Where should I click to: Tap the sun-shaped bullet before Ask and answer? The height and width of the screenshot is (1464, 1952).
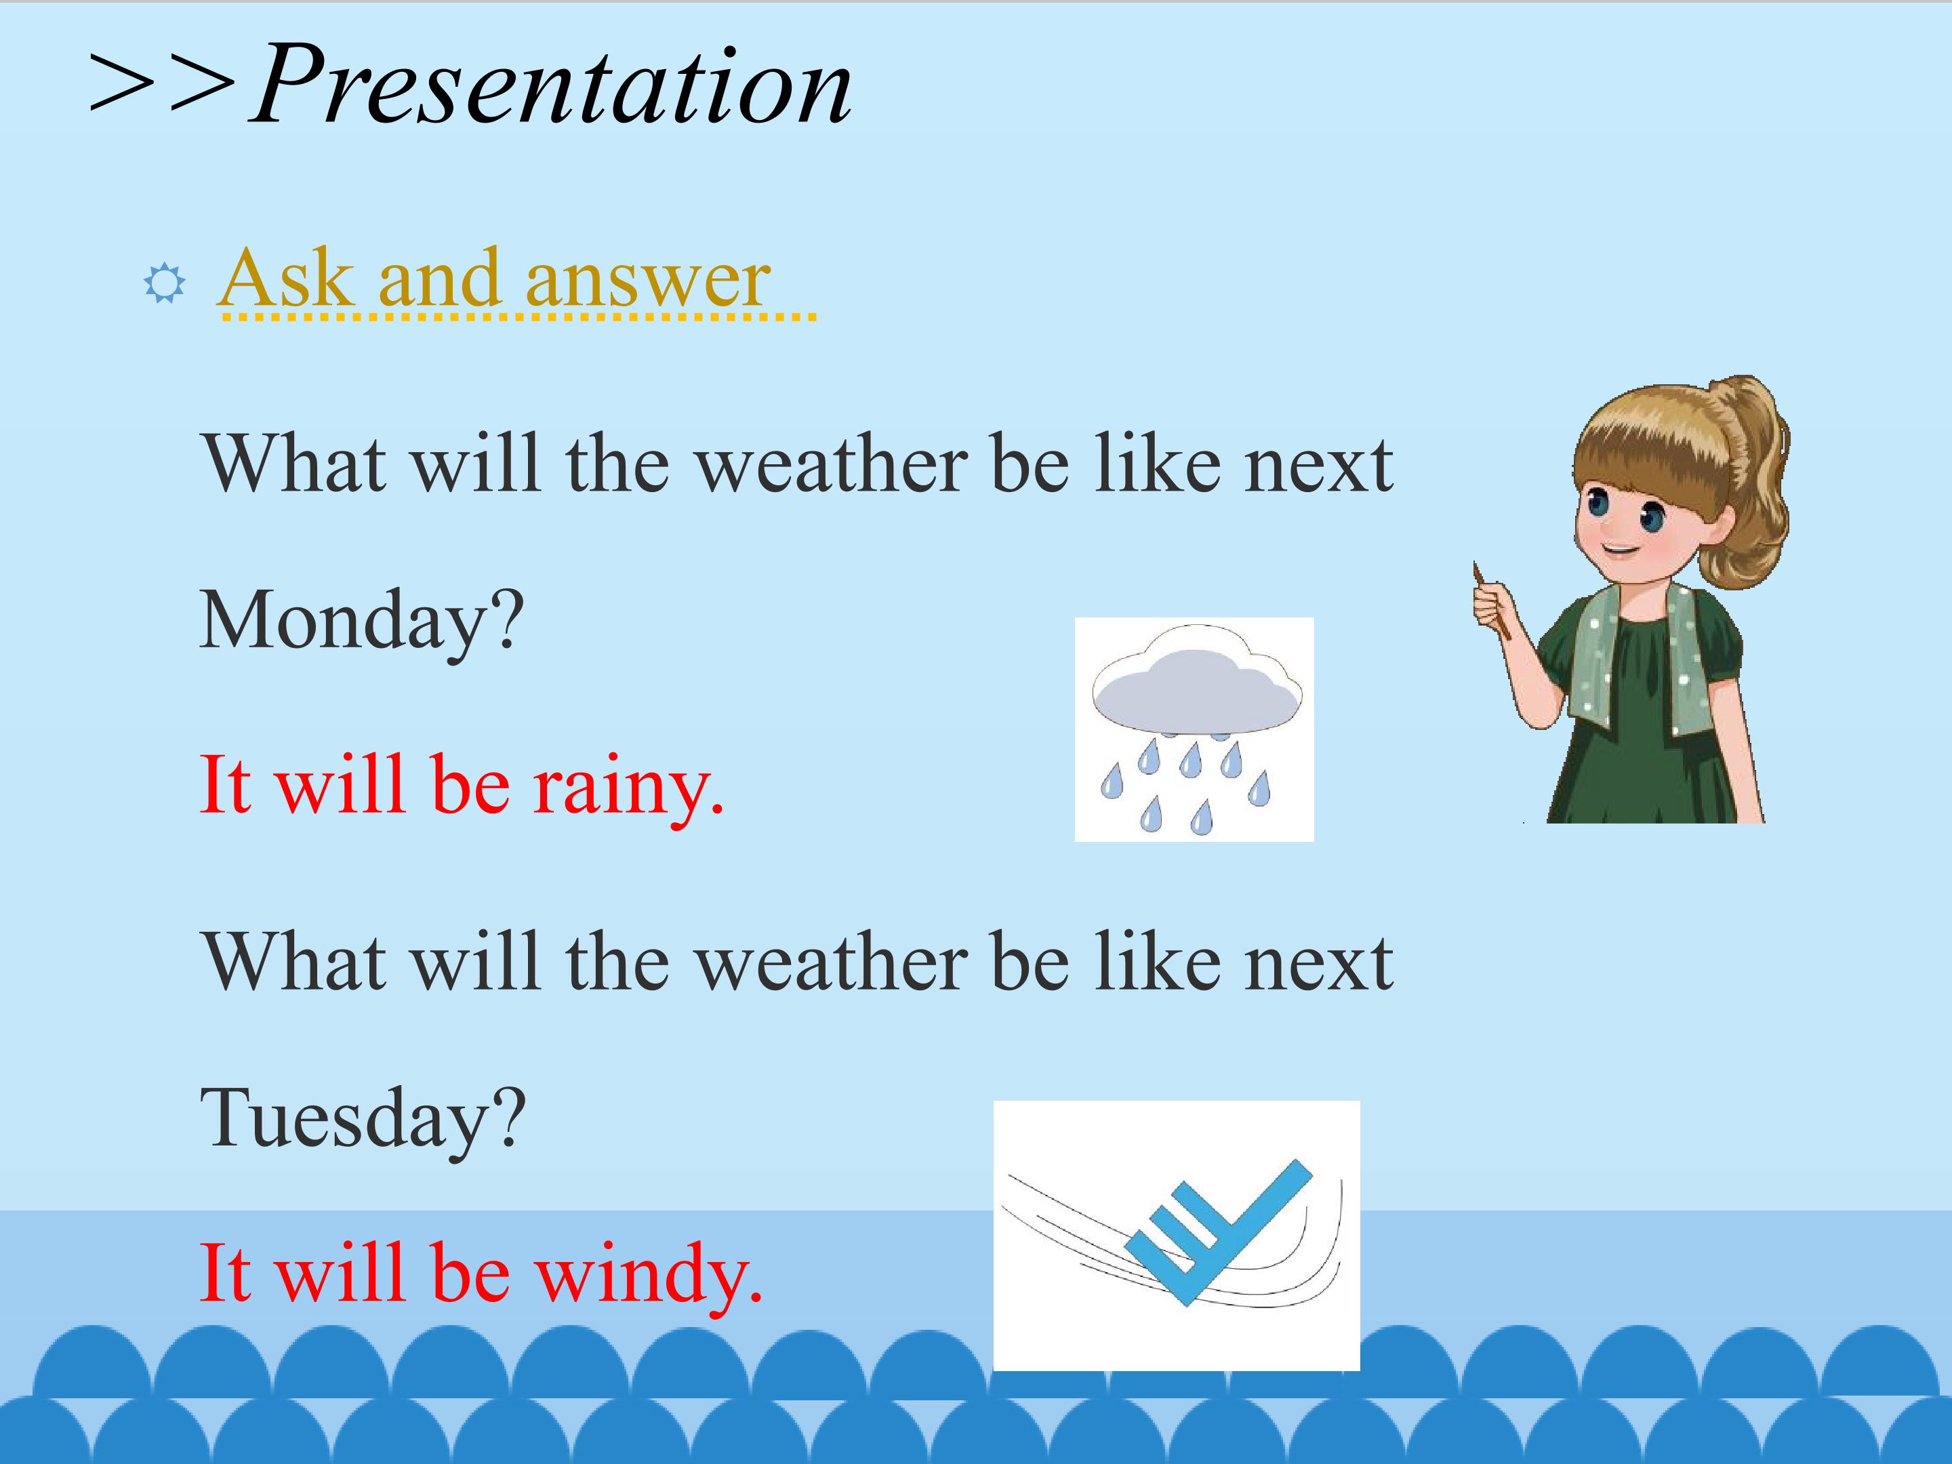click(164, 284)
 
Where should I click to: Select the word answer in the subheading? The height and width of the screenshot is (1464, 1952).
click(648, 279)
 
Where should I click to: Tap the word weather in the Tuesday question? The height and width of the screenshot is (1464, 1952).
click(832, 961)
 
